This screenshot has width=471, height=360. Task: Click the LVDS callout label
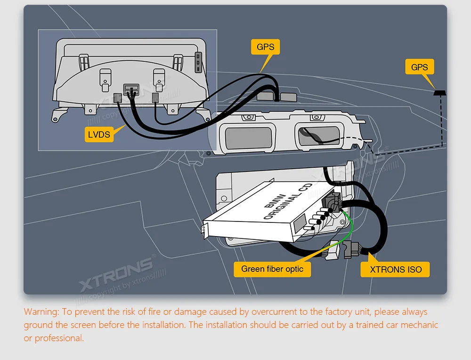click(x=99, y=134)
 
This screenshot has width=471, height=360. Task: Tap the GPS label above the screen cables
click(x=266, y=47)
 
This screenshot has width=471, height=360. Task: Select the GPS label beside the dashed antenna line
click(x=419, y=67)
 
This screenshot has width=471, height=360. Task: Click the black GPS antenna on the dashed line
click(x=440, y=92)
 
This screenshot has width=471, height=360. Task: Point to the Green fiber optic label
click(x=272, y=269)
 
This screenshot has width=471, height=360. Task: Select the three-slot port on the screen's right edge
click(x=198, y=62)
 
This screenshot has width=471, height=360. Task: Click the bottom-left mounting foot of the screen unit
click(x=59, y=115)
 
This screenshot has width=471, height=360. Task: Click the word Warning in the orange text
click(x=41, y=311)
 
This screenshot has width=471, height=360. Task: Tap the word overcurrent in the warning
click(x=274, y=311)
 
